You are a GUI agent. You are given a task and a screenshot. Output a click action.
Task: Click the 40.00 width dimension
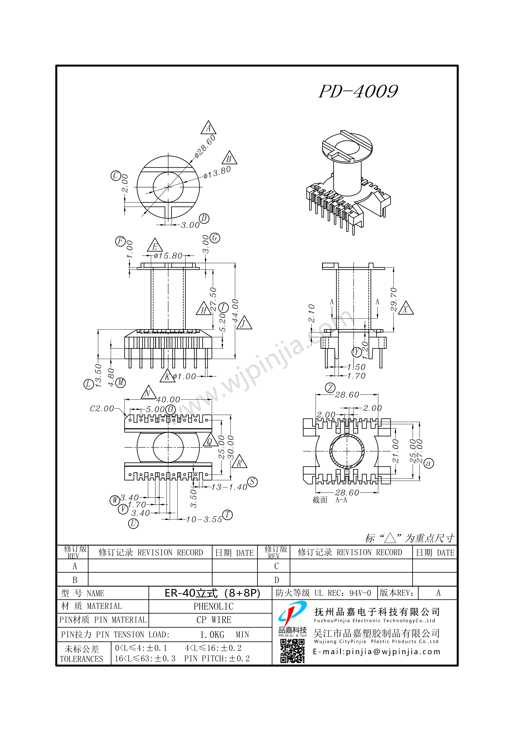pos(168,399)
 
